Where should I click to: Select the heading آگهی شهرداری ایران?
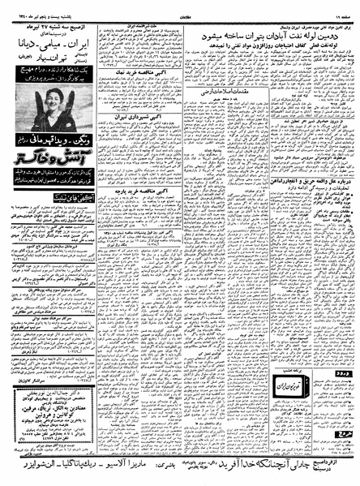[134, 161]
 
